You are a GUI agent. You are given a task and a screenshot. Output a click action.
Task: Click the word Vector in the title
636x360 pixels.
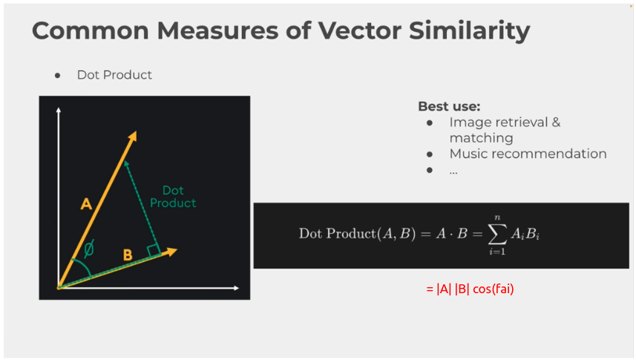click(359, 30)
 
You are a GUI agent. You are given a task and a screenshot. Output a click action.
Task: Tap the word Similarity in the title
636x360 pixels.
click(469, 31)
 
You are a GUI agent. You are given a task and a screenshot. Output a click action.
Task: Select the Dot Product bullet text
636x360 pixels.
click(114, 75)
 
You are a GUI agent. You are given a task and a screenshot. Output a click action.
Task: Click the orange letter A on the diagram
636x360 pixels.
click(86, 203)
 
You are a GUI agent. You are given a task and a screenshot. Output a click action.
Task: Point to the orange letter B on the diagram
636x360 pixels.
click(128, 255)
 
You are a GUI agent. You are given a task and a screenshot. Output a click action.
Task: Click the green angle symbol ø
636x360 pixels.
click(89, 249)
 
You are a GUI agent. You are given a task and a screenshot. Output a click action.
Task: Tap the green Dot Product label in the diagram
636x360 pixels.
click(173, 197)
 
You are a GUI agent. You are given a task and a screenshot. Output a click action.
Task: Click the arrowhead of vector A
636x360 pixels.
click(132, 137)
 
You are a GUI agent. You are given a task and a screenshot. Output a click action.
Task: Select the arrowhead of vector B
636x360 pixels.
click(171, 252)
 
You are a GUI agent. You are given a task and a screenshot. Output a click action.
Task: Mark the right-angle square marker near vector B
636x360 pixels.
click(154, 250)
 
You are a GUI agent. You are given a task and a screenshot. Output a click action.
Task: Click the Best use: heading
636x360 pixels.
click(449, 106)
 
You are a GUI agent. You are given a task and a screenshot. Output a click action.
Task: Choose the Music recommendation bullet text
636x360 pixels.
click(528, 154)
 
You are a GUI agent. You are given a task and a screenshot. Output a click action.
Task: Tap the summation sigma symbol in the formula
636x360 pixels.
click(497, 234)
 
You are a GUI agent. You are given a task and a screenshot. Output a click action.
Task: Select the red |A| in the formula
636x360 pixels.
click(444, 289)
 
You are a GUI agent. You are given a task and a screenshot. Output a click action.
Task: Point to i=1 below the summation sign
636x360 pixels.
click(497, 252)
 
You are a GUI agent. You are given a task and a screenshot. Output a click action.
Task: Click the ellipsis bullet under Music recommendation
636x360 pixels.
click(453, 172)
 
